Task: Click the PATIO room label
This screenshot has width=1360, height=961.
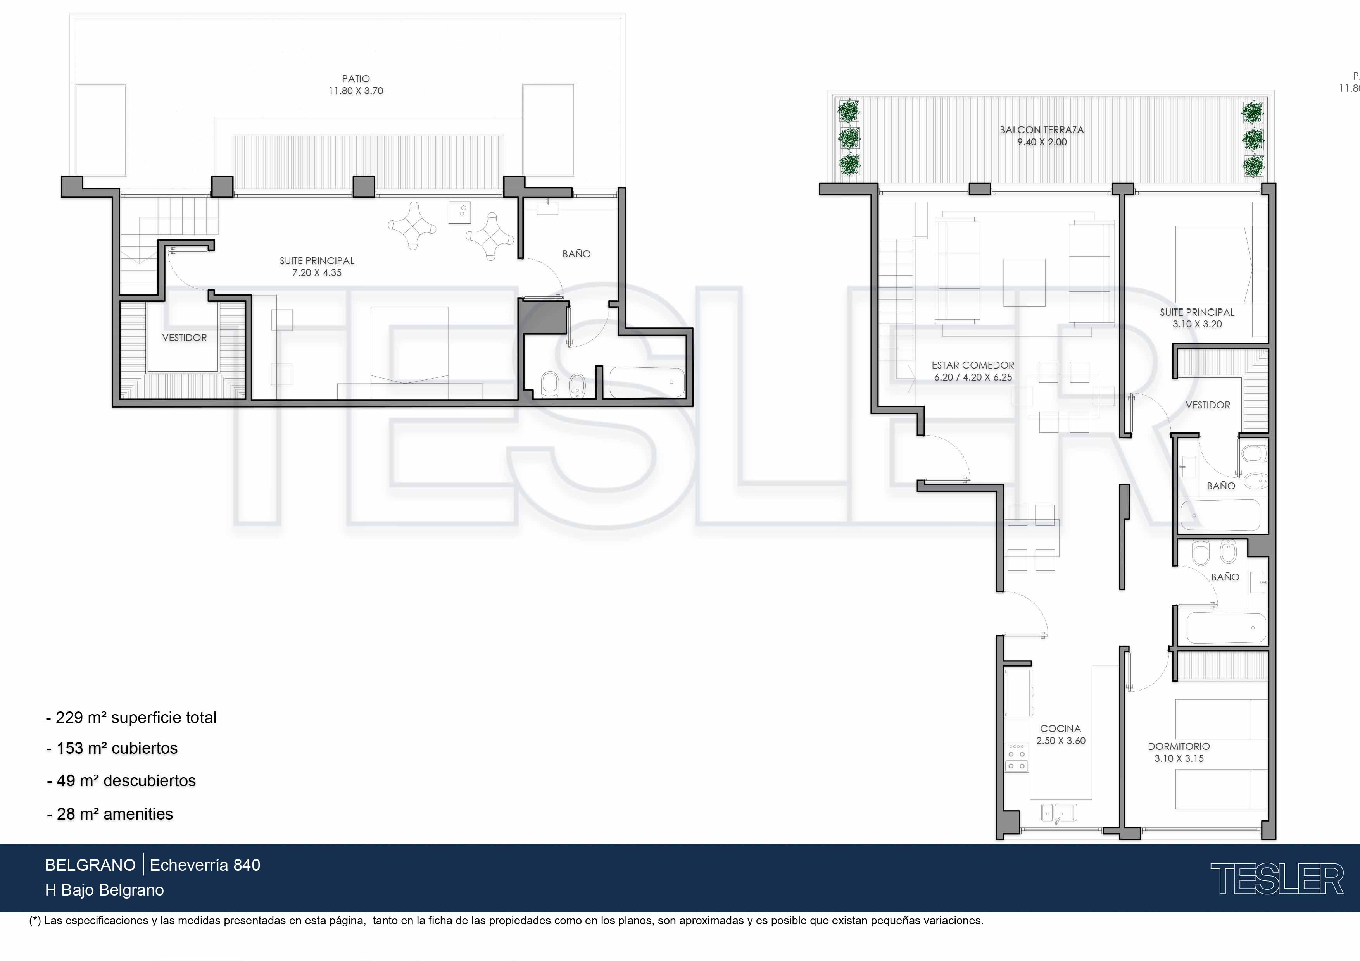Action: tap(356, 79)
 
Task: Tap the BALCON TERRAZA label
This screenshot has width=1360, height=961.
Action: tap(1042, 130)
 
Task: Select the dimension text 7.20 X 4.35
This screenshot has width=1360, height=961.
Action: tap(317, 273)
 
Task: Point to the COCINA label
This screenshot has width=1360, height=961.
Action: tap(1060, 728)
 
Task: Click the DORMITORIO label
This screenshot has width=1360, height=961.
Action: tap(1179, 746)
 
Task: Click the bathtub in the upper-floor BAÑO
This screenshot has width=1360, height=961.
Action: tap(647, 382)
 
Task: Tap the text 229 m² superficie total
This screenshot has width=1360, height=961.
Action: tap(131, 718)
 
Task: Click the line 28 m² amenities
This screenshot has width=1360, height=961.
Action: tap(110, 814)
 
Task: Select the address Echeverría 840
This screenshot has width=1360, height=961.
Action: tap(205, 865)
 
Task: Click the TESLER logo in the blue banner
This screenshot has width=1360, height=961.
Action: tap(1277, 879)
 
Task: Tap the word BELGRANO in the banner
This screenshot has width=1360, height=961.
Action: tap(90, 865)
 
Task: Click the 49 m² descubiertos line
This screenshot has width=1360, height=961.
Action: tap(121, 781)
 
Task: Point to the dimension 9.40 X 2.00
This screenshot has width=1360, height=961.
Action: tap(1042, 142)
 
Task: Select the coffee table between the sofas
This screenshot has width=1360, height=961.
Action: tap(1024, 282)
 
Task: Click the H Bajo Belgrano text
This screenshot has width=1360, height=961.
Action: tap(104, 890)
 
